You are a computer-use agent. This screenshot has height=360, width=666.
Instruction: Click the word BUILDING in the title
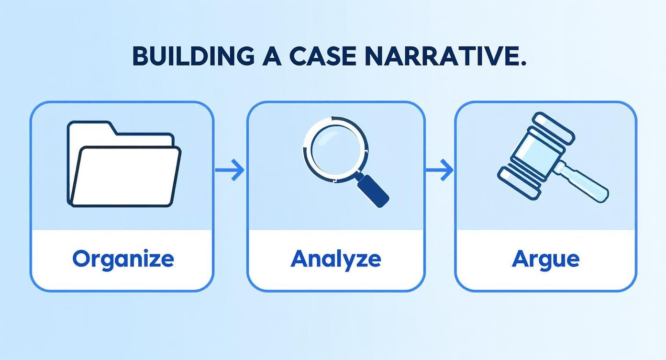[193, 56]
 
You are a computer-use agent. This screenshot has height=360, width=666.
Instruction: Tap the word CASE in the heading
[322, 56]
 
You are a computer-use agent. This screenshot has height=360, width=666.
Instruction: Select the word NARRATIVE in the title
[439, 56]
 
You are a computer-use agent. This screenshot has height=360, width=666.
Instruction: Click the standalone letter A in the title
[272, 56]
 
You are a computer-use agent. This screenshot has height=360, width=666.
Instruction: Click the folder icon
[124, 164]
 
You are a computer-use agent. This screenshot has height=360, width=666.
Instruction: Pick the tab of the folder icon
[91, 128]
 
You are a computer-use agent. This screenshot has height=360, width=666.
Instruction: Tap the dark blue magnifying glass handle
[373, 191]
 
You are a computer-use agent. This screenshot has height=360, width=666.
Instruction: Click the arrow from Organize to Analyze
[230, 170]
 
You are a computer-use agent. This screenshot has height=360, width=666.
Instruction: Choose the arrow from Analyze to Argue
[439, 170]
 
